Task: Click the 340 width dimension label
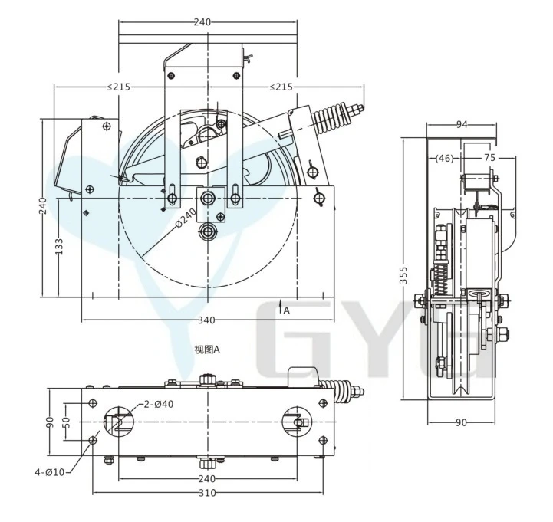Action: point(207,320)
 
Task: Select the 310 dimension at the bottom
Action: point(207,493)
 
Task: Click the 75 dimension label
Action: point(489,158)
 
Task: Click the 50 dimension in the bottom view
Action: point(67,421)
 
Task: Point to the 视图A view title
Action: point(207,350)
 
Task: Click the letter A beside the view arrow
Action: point(286,310)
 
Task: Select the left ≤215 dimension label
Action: point(118,87)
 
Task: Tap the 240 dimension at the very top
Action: point(202,22)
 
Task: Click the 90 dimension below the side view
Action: point(462,422)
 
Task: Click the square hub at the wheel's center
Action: point(208,199)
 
